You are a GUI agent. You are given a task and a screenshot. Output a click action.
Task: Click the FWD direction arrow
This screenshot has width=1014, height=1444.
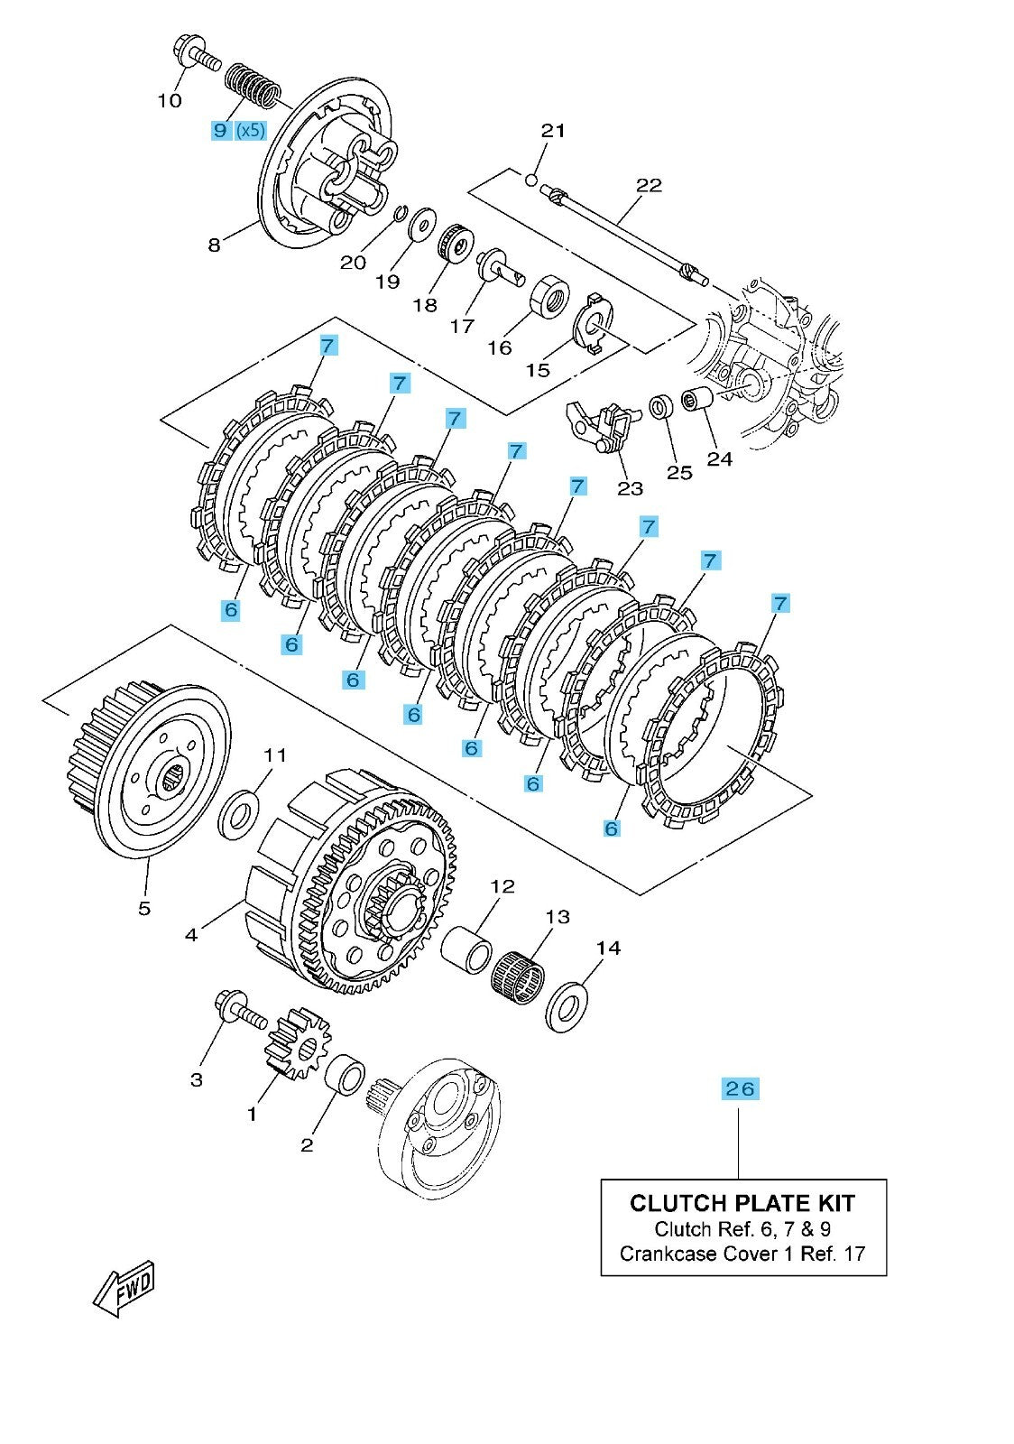pos(124,1286)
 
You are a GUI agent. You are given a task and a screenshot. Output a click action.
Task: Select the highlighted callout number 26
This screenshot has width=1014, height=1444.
pos(739,1088)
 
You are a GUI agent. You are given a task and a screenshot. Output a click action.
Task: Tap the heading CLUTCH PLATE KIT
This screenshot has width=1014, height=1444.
pos(742,1202)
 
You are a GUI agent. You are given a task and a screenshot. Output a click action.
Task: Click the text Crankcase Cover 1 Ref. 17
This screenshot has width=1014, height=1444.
pos(742,1253)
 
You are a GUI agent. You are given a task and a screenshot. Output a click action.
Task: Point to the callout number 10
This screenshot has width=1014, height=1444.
pos(170,100)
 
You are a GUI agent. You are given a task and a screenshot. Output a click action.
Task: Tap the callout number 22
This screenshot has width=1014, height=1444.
pos(649,185)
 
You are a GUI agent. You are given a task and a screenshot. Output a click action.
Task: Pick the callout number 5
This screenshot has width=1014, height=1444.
pos(144,908)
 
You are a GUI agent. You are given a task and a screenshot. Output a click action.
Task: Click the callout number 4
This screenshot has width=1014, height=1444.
pos(190,935)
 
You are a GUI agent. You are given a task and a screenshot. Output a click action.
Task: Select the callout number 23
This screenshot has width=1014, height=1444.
pos(630,487)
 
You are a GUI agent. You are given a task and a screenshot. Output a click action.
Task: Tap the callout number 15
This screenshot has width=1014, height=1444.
pos(537,370)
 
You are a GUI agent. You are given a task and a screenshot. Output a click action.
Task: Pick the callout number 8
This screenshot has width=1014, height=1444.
pos(214,245)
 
